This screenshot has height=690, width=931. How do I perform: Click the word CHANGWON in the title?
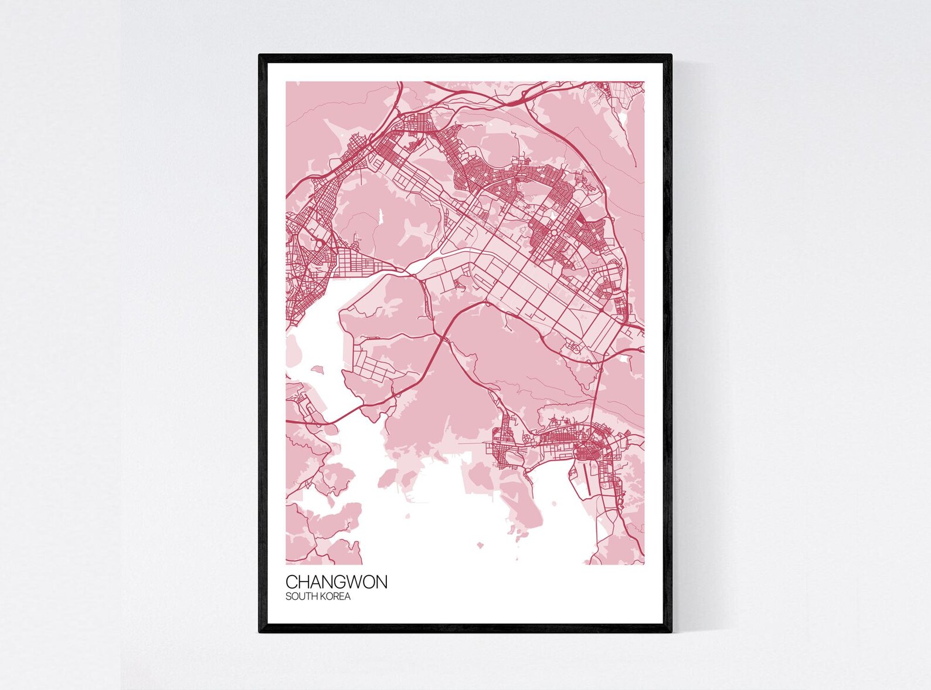tap(336, 581)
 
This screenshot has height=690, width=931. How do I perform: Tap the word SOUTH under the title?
tap(299, 597)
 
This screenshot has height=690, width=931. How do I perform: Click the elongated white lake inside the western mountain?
tap(379, 217)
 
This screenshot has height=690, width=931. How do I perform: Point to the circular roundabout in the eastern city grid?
tap(554, 234)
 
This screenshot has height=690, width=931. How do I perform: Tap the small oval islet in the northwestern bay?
tap(317, 370)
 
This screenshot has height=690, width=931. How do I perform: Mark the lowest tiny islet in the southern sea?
tap(480, 545)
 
